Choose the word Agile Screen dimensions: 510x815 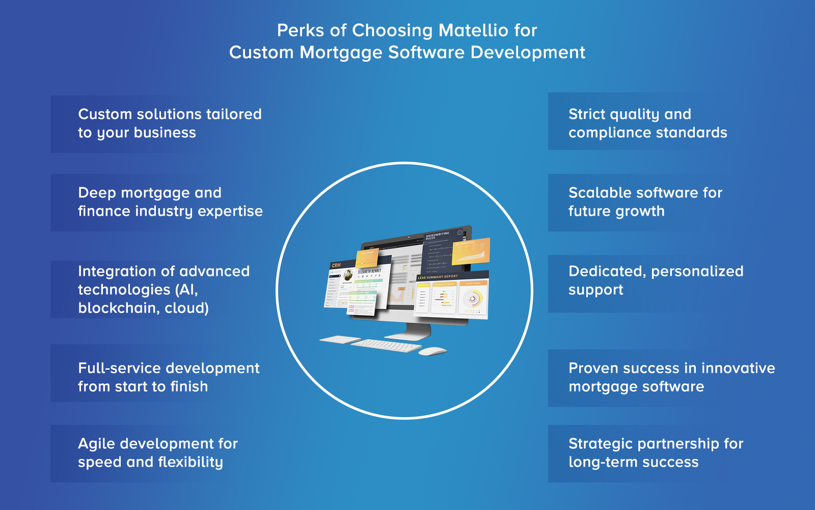(x=96, y=444)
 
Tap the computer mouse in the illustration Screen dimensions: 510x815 (x=432, y=351)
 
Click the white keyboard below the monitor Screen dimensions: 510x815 (x=386, y=346)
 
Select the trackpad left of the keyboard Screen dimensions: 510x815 (x=340, y=339)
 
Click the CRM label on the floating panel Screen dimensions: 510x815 (x=336, y=265)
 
